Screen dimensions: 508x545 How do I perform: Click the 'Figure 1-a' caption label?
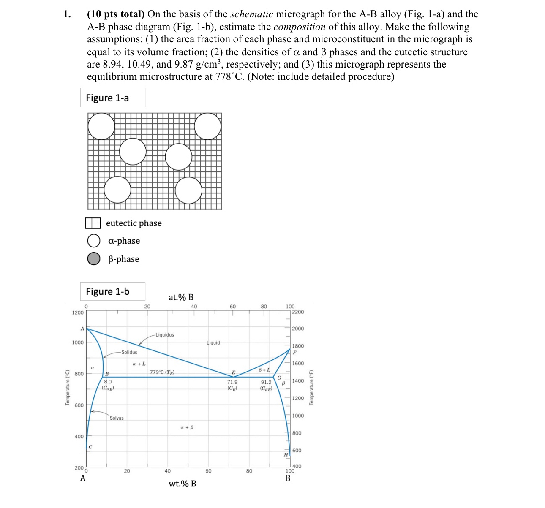pos(107,98)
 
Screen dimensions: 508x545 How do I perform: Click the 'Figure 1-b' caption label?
pos(108,292)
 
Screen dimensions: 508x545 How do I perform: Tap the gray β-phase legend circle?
pos(94,258)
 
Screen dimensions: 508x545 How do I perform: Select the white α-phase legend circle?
pos(94,241)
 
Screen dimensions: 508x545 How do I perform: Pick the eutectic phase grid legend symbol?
pos(93,223)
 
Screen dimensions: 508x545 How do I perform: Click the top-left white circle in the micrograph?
pos(101,126)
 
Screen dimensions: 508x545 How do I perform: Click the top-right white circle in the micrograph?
pos(207,126)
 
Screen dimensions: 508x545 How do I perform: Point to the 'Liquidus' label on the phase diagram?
pos(164,335)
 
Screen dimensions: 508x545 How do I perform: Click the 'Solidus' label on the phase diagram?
pos(129,352)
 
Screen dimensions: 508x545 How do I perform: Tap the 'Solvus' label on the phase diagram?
pos(117,418)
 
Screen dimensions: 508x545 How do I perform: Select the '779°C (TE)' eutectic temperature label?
pos(162,372)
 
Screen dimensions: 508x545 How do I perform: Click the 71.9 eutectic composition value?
pos(232,382)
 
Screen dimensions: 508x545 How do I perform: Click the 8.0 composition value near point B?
pos(108,382)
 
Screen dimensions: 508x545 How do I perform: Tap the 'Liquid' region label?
pos(213,343)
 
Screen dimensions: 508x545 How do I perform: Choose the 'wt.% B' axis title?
pos(183,484)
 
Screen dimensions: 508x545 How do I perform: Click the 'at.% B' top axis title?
pos(181,297)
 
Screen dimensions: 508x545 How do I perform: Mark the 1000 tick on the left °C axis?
pos(78,342)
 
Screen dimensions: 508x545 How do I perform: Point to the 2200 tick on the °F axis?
pos(298,312)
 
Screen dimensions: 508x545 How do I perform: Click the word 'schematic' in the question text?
pos(251,14)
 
